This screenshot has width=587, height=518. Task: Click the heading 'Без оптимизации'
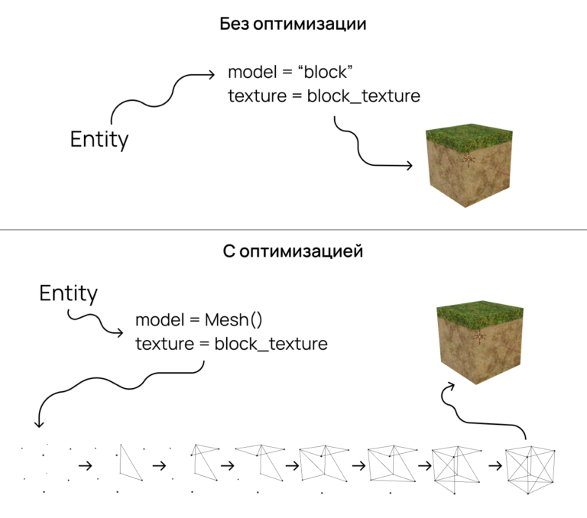(293, 24)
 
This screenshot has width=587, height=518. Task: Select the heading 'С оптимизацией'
(293, 251)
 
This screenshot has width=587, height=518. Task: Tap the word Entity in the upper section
(99, 140)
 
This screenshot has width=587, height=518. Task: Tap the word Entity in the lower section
(69, 293)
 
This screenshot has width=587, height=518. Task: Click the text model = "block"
(290, 73)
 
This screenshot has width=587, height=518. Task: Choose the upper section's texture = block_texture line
(324, 96)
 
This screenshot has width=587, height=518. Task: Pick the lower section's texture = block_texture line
(231, 344)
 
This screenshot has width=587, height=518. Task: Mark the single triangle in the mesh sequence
(129, 462)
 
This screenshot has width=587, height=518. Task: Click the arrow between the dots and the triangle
(86, 465)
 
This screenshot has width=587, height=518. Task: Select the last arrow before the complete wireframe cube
(495, 465)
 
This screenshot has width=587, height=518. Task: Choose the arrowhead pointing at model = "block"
(213, 74)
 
